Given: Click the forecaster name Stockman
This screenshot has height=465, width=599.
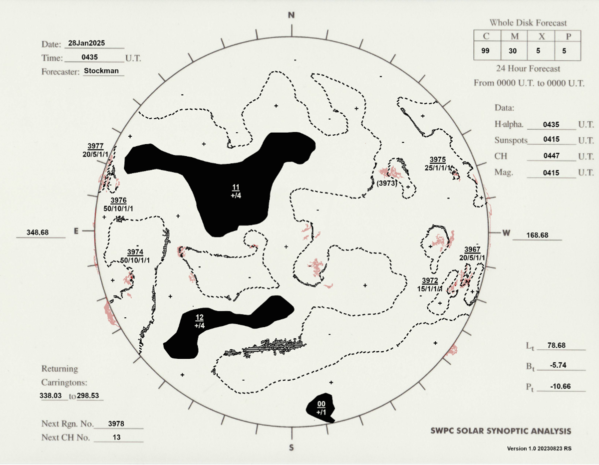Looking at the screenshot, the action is point(101,71).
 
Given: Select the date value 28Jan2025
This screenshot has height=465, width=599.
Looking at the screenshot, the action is point(86,43).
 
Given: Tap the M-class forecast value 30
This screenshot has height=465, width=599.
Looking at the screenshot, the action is point(513,51).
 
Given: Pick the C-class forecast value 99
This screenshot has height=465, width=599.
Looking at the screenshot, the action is point(485,51).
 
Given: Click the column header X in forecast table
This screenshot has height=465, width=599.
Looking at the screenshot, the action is point(542,36).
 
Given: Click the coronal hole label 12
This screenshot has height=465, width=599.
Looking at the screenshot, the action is point(199,317).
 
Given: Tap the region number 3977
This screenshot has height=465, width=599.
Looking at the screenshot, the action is point(95,146).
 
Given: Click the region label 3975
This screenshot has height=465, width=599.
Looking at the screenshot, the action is point(438,160).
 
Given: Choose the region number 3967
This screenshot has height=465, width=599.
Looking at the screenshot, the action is point(472,249).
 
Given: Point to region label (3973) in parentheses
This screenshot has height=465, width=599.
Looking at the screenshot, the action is point(387,183).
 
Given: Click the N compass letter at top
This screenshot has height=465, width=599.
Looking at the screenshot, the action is point(292,15).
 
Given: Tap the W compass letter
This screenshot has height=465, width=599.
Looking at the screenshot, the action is point(506,233).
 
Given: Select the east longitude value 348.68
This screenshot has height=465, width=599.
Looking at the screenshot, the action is point(37,232).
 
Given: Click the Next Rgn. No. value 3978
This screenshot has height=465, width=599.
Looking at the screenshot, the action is point(116,424).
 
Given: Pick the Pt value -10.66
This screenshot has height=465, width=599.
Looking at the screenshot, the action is point(561,386).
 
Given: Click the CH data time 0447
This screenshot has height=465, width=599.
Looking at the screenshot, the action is point(551,156).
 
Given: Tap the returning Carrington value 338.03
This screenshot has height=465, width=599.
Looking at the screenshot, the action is point(51,396).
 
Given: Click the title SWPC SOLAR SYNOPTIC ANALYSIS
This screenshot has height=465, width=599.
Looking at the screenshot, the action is point(501,431).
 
